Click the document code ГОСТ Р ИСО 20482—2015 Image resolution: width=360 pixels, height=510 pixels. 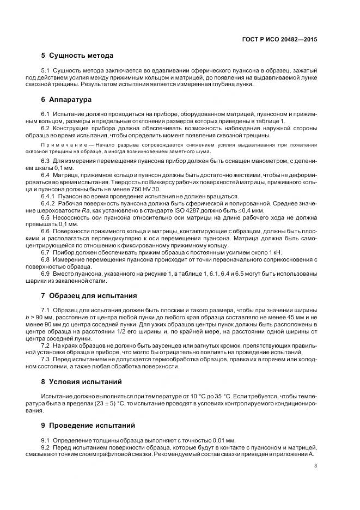pos(282,40)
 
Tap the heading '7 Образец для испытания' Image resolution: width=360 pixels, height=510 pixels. pos(89,296)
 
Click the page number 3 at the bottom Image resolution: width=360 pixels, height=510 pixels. pos(316,466)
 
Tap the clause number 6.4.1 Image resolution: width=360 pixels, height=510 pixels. pos(50,196)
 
